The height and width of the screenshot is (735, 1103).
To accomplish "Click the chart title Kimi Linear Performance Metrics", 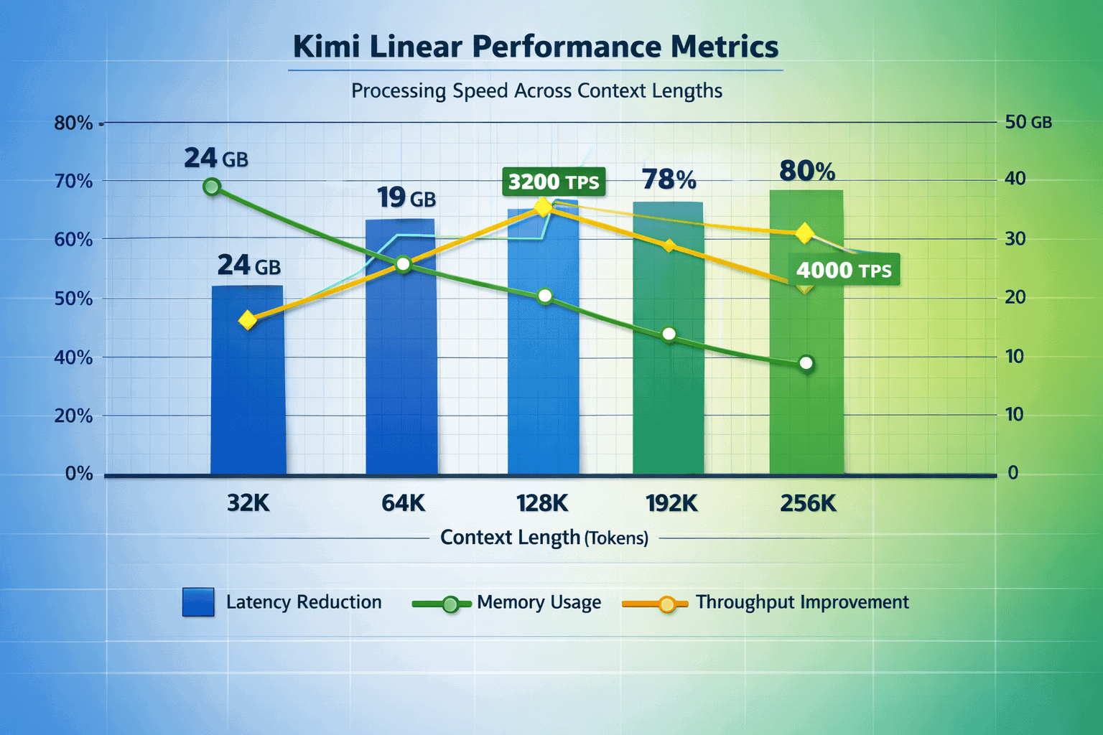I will (536, 47).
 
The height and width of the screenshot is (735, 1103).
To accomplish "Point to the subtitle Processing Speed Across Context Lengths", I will (536, 91).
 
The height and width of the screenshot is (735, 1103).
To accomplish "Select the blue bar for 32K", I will (248, 380).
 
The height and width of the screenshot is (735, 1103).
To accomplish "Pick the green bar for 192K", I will (668, 373).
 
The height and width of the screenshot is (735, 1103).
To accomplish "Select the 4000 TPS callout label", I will (844, 271).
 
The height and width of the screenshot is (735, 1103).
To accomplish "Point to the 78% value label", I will (669, 179).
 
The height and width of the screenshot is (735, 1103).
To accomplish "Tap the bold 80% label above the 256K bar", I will (807, 172).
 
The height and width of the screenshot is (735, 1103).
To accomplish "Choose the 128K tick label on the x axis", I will (542, 503).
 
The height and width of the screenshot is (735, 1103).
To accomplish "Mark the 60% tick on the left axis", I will (73, 240).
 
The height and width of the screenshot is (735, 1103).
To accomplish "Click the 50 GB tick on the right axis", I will (1028, 122).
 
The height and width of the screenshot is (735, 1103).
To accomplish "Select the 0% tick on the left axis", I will (78, 474).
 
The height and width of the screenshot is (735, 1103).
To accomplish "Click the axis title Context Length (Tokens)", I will (544, 538).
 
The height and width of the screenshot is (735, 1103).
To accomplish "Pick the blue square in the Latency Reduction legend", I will (198, 602).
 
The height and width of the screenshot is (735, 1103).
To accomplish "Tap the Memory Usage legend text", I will (539, 602).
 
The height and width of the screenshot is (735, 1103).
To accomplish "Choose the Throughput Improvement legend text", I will (801, 602).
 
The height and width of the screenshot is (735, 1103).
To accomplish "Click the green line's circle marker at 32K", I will (212, 187).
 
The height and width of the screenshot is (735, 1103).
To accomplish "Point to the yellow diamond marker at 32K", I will (248, 320).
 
